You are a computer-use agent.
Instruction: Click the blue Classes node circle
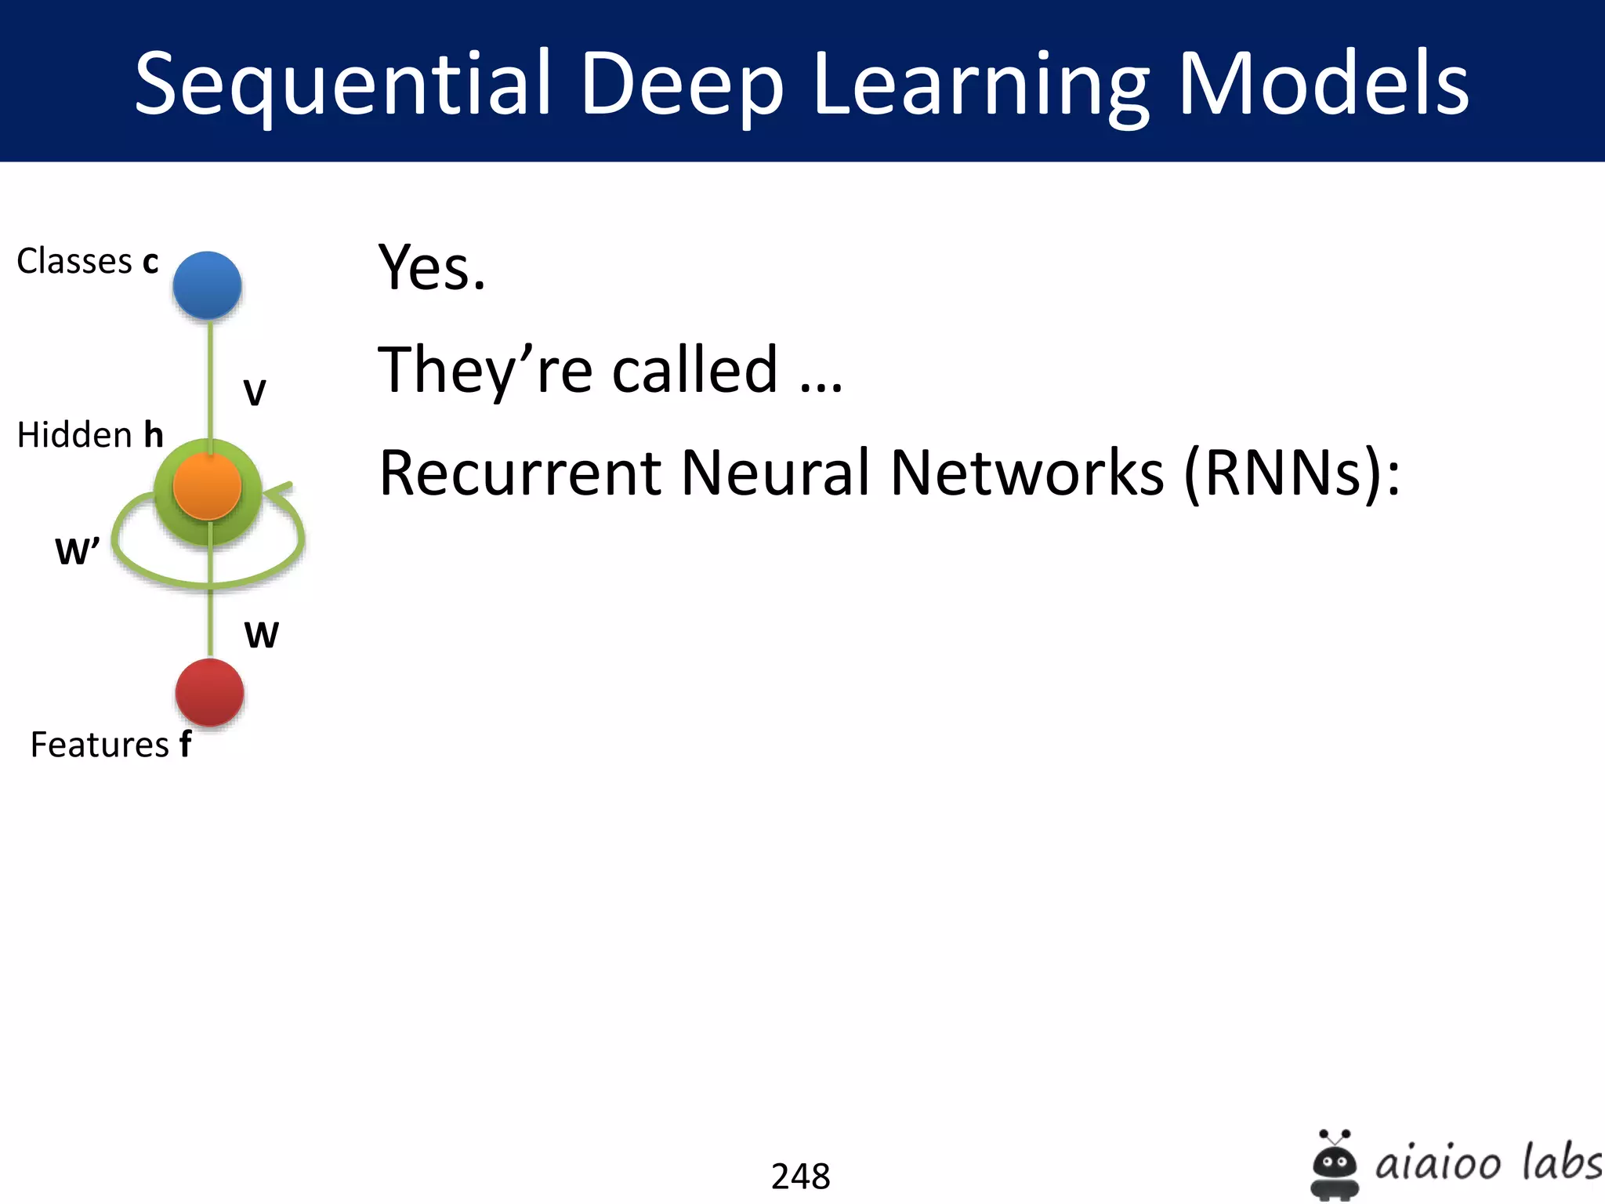click(x=207, y=285)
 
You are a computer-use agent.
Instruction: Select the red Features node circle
click(x=209, y=692)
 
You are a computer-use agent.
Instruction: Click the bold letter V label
click(x=255, y=392)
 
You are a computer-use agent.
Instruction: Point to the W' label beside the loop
click(x=77, y=551)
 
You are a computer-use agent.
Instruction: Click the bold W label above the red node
click(x=261, y=634)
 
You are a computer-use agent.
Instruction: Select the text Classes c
click(x=88, y=261)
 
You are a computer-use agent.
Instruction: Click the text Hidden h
click(x=90, y=434)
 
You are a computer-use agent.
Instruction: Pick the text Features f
click(x=111, y=744)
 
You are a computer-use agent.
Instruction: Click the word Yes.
click(x=432, y=268)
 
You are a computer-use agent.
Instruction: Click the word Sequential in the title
click(x=342, y=83)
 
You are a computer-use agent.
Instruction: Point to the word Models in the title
click(x=1323, y=83)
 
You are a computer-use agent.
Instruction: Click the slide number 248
click(x=800, y=1176)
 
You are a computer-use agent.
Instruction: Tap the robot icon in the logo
click(x=1334, y=1165)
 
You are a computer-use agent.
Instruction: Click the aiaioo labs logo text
click(x=1488, y=1162)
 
